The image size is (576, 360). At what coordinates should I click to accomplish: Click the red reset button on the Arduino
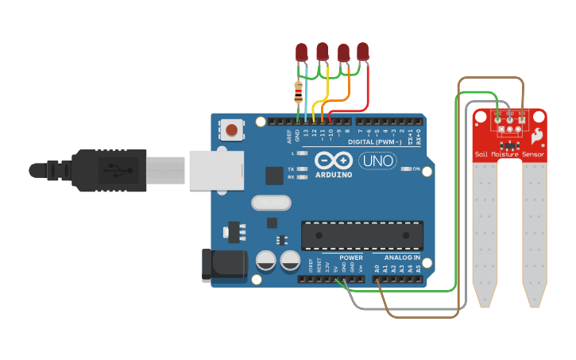(232, 130)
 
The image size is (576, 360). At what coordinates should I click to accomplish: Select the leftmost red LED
(302, 52)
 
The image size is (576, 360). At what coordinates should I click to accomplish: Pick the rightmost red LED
(363, 52)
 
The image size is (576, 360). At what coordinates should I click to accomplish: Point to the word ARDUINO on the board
(333, 174)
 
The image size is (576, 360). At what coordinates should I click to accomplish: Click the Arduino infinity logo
(333, 160)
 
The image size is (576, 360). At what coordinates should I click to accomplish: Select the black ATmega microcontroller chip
(362, 235)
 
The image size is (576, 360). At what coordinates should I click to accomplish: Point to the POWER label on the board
(350, 257)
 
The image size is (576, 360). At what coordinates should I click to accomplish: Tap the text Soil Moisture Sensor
(509, 153)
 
